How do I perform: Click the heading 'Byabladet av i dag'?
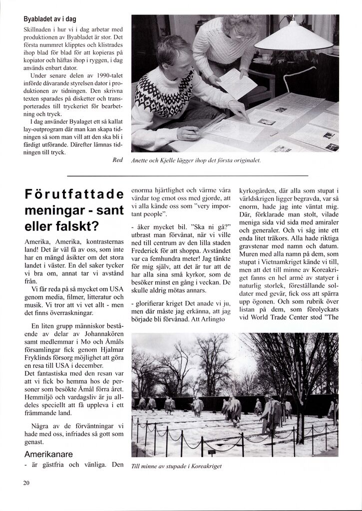click(x=49, y=19)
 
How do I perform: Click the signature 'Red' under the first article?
click(x=117, y=160)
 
